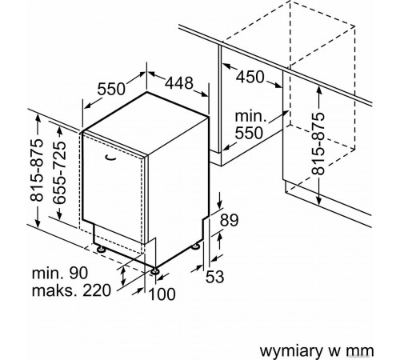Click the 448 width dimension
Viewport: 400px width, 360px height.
pos(179,82)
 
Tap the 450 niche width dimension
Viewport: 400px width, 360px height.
pos(250,77)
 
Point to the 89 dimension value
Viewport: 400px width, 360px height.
pos(229,220)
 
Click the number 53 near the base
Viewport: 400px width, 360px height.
pos(215,277)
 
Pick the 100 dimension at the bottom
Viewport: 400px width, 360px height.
pos(162,294)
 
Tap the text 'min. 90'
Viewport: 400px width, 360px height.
pos(60,273)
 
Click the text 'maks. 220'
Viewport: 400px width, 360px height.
pos(71,290)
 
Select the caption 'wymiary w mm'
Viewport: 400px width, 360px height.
pos(317,351)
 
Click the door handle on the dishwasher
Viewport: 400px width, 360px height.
pos(110,158)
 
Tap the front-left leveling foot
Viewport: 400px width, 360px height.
pos(102,250)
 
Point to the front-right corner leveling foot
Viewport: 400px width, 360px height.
pos(155,271)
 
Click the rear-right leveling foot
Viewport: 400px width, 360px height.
pos(195,246)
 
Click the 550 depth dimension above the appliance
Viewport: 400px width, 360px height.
pos(111,89)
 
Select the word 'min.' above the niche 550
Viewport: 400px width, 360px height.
pos(250,116)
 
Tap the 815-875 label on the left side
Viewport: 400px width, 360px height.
pos(36,170)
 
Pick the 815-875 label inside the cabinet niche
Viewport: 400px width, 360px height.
pos(318,144)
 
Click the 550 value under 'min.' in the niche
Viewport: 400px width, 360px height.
pos(249,133)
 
